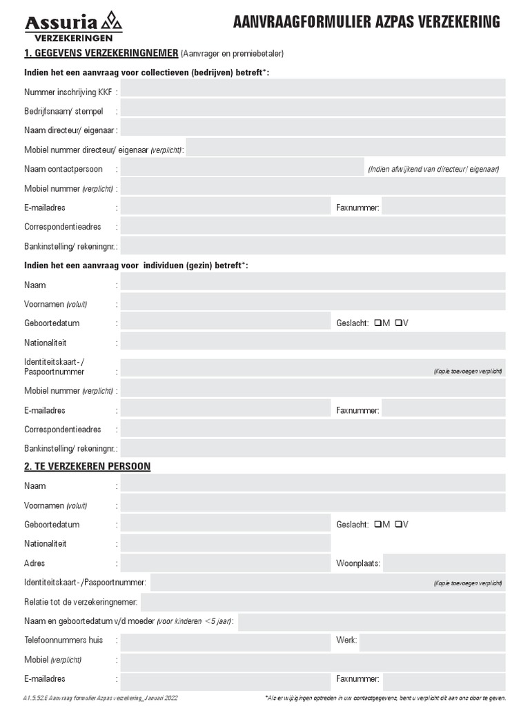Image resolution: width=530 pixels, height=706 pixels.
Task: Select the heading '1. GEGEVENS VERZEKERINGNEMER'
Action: (101, 53)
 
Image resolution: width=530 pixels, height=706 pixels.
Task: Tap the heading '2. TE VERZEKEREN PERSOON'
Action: (87, 467)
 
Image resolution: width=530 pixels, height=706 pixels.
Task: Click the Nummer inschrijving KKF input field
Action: (313, 88)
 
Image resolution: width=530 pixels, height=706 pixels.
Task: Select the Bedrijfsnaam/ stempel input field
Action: (313, 108)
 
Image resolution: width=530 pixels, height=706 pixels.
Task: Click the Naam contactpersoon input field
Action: (242, 168)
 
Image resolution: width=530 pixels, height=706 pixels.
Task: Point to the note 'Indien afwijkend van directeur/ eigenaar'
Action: (433, 169)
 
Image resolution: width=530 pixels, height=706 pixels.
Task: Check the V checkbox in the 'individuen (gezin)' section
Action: (399, 323)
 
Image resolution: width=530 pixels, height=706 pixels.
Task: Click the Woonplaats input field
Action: (444, 563)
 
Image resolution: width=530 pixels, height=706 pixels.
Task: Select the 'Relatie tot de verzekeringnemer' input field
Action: (323, 602)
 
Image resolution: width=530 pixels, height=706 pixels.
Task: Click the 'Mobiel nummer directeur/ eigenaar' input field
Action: (346, 148)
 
